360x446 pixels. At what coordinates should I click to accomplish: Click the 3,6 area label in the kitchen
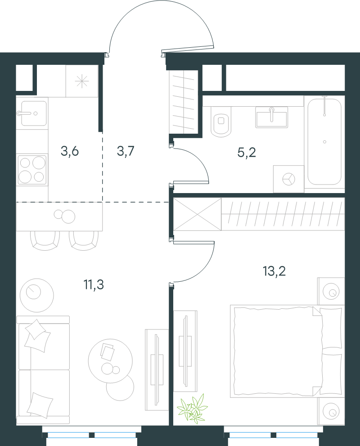[x=70, y=151]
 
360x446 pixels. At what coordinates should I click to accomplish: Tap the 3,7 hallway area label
[x=126, y=151]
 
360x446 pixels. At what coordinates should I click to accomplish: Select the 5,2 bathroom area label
[x=247, y=153]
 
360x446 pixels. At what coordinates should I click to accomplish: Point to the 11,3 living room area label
[x=94, y=284]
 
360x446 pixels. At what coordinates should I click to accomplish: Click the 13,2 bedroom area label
[x=274, y=271]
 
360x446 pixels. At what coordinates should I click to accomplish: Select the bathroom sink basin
[x=271, y=117]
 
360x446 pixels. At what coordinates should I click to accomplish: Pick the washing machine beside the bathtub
[x=288, y=179]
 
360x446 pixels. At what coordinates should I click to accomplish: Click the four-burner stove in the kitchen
[x=32, y=170]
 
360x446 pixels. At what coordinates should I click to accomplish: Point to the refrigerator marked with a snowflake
[x=82, y=81]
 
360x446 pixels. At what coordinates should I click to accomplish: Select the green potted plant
[x=192, y=409]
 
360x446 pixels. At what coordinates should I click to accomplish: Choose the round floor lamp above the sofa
[x=37, y=295]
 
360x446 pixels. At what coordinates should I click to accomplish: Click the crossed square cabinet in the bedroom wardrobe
[x=197, y=214]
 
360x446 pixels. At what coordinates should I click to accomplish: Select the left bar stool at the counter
[x=45, y=241]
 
